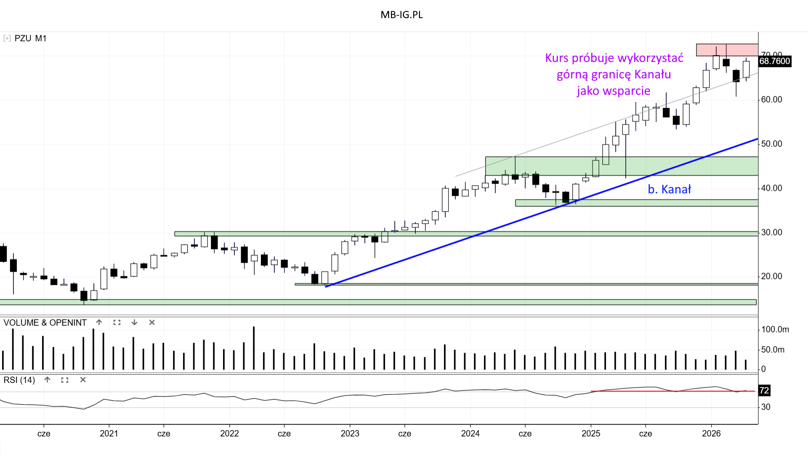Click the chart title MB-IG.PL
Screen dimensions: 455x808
click(x=401, y=15)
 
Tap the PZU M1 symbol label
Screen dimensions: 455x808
click(x=30, y=38)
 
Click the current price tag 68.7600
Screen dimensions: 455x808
click(x=774, y=61)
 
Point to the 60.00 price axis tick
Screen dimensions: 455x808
click(x=772, y=99)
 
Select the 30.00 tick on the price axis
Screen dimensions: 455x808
click(x=772, y=232)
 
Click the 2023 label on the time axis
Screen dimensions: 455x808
click(x=350, y=434)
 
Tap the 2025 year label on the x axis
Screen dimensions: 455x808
click(x=591, y=434)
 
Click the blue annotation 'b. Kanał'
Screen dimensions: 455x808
click(x=669, y=190)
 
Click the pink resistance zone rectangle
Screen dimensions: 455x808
click(x=727, y=50)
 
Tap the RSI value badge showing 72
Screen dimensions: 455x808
click(x=764, y=391)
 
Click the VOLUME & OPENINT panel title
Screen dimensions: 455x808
click(x=45, y=323)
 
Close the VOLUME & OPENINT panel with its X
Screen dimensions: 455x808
click(x=152, y=322)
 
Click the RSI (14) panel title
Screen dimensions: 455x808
click(x=19, y=380)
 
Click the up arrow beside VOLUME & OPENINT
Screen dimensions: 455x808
click(x=99, y=322)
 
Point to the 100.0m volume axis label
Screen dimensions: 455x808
click(x=775, y=329)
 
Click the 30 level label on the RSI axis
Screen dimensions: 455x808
click(x=766, y=407)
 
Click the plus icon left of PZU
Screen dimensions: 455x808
click(x=7, y=38)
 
